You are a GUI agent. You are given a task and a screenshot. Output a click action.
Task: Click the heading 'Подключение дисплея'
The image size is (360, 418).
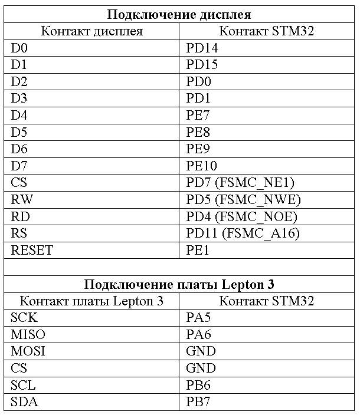pyautogui.click(x=178, y=14)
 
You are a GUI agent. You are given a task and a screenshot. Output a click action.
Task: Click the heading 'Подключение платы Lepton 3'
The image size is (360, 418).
pyautogui.click(x=178, y=284)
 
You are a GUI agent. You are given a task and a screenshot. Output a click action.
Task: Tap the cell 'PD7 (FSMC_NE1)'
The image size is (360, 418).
pyautogui.click(x=240, y=183)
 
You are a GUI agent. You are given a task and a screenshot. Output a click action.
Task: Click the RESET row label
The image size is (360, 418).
pyautogui.click(x=32, y=250)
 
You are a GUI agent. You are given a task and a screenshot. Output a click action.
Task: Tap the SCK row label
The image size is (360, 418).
pyautogui.click(x=24, y=318)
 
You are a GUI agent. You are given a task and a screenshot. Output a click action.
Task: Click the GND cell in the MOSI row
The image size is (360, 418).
pyautogui.click(x=201, y=351)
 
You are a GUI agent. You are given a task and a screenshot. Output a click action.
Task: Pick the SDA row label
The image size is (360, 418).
pyautogui.click(x=24, y=402)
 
